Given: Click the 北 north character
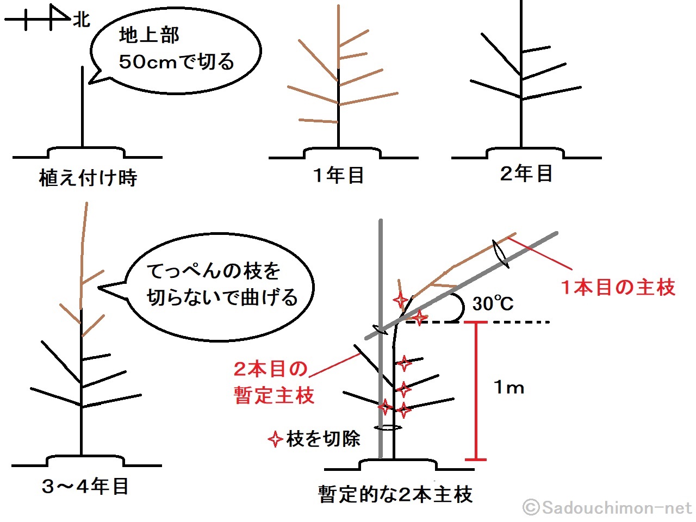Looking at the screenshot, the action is click(82, 20).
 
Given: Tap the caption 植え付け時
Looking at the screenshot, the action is click(88, 178).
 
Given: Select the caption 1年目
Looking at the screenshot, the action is click(338, 175).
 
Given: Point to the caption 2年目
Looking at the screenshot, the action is click(526, 173).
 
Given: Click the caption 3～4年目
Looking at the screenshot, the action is click(85, 487).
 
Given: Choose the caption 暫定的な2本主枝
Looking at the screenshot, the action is click(395, 494).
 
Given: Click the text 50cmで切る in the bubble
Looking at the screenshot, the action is click(176, 61).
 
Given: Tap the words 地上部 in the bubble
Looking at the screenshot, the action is click(149, 35).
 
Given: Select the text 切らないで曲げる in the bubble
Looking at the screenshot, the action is click(222, 297).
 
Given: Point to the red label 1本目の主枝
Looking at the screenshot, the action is click(618, 288).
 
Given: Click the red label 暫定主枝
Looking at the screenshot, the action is click(274, 395).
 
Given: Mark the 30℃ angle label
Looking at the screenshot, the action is click(493, 303).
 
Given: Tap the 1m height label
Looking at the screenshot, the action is click(509, 387).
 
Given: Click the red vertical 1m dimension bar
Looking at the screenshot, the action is click(476, 391).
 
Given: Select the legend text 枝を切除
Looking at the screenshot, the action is click(323, 439).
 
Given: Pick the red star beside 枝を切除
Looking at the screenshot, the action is click(275, 439).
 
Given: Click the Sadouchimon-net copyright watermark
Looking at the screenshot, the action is click(607, 508).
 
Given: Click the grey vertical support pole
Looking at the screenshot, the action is click(381, 339).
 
